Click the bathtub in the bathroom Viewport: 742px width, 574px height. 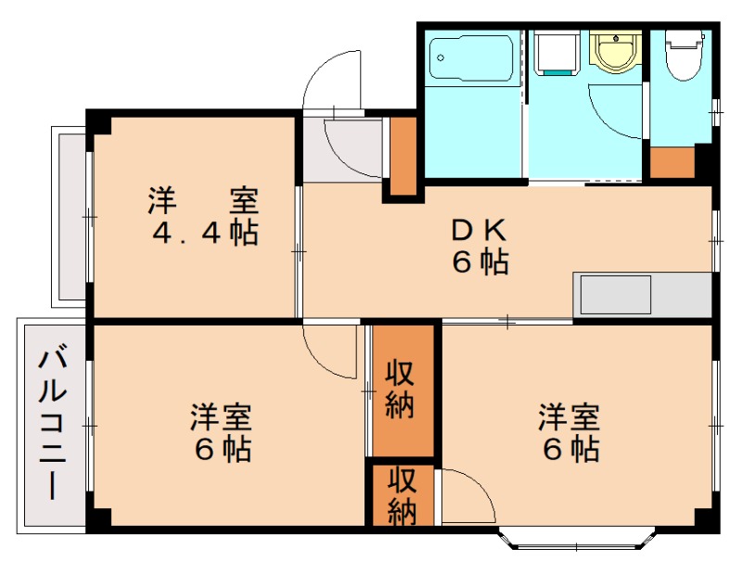click(x=472, y=57)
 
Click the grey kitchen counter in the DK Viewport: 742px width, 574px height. click(x=642, y=296)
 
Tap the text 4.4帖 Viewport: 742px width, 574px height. click(x=205, y=233)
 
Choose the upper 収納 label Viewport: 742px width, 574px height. click(x=400, y=389)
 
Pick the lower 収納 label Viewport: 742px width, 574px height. click(x=401, y=496)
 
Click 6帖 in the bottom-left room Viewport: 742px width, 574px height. click(x=223, y=450)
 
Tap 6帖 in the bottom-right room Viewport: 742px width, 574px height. click(x=570, y=450)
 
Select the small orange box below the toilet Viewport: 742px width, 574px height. click(x=672, y=162)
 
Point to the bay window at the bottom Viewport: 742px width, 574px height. click(x=578, y=539)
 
